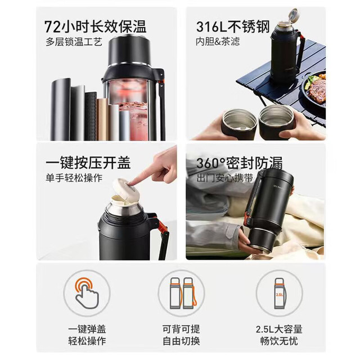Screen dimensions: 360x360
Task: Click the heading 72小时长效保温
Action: [x=95, y=26]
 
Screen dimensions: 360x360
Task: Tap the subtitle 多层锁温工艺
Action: [x=74, y=42]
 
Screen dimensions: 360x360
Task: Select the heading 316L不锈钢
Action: [x=233, y=26]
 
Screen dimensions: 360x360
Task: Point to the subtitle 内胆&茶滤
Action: [x=218, y=42]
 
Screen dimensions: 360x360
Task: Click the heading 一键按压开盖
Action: [x=88, y=163]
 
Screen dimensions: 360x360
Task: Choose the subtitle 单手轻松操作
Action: [x=74, y=178]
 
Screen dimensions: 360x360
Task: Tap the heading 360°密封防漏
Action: [x=239, y=163]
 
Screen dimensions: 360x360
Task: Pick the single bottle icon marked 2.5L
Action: [x=280, y=294]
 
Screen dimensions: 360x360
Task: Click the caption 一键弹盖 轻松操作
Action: [x=87, y=335]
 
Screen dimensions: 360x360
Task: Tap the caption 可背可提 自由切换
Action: [x=181, y=335]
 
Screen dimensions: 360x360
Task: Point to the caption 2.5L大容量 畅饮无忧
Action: [x=279, y=335]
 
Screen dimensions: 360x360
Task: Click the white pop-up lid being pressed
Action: [x=126, y=190]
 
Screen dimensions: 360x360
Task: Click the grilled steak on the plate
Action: [x=317, y=91]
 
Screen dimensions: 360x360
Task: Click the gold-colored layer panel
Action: [x=102, y=119]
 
